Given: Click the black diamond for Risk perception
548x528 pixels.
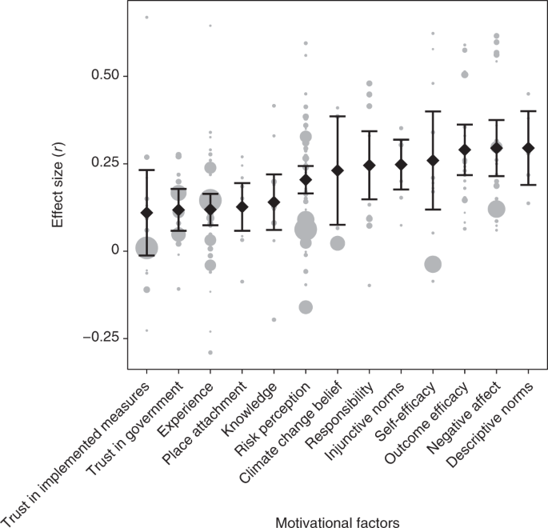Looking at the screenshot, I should (305, 179).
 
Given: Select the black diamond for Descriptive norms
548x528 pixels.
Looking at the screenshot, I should (528, 148).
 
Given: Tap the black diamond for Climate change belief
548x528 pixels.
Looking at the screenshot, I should (337, 170).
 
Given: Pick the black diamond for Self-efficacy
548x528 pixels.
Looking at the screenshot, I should (433, 161).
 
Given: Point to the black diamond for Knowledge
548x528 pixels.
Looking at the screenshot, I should (274, 202).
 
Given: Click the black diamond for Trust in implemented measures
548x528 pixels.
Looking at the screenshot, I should (146, 213).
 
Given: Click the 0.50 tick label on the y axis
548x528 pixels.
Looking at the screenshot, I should (102, 75).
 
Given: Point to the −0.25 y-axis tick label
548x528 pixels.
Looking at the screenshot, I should (97, 338).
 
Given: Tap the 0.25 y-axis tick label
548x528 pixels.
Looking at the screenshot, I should (102, 163).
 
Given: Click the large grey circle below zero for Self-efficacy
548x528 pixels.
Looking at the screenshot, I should (433, 265).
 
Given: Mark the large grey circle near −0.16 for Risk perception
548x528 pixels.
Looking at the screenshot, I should (305, 307).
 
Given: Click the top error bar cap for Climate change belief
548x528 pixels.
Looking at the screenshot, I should (337, 116).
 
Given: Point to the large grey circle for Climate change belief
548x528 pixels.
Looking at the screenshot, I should (337, 243).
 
